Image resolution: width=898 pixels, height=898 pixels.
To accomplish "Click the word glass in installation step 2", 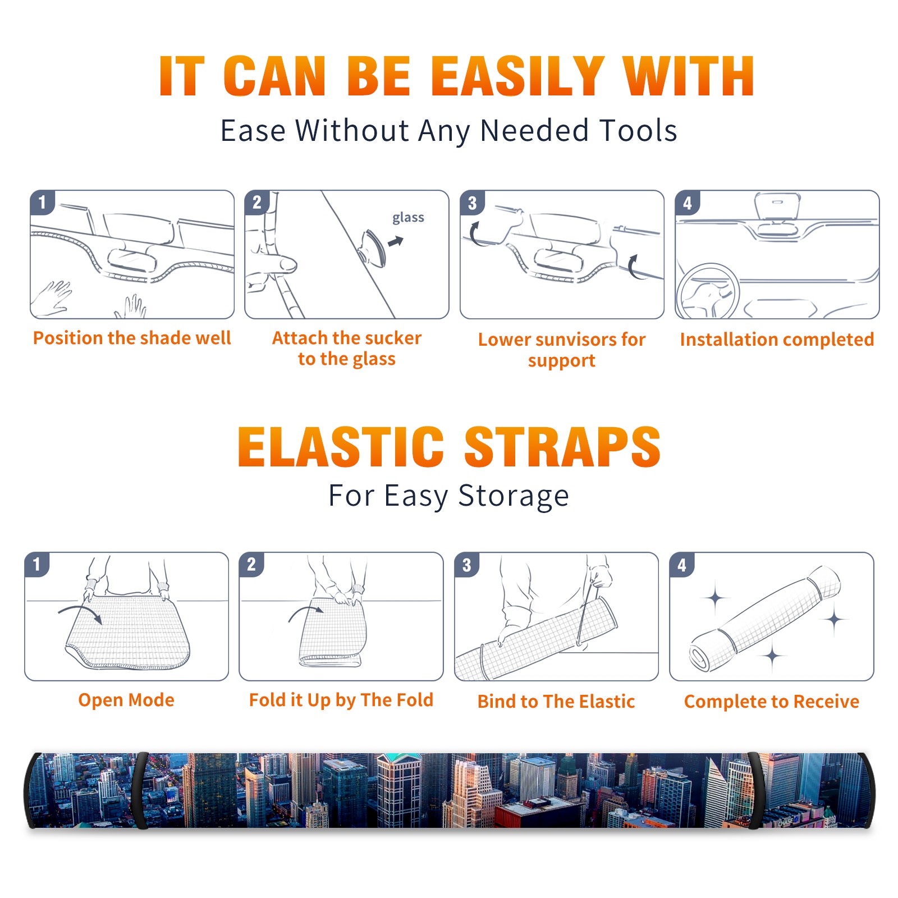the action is [x=408, y=217].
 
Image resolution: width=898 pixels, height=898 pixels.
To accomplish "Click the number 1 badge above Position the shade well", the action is [x=43, y=202].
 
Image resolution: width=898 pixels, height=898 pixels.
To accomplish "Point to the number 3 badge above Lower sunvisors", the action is [x=472, y=203].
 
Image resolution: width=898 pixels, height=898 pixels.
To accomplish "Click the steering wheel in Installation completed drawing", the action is [x=707, y=291].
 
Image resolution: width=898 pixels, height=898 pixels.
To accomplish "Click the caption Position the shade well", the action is [x=132, y=338].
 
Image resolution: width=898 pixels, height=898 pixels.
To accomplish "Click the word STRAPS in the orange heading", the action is [x=563, y=447].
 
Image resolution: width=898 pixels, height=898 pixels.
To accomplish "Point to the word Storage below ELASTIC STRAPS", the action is [x=514, y=496].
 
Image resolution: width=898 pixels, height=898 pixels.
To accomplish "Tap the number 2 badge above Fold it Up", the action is [x=251, y=564].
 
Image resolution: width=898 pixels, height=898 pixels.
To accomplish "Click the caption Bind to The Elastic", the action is [x=556, y=702].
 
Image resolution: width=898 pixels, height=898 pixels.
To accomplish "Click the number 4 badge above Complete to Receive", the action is [x=682, y=565].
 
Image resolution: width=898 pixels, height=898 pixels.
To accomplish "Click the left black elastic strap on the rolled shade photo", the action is [x=140, y=791].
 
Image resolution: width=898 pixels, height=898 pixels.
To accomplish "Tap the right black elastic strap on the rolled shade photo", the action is [x=754, y=791].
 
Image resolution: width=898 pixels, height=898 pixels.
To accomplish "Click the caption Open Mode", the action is [x=126, y=700].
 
